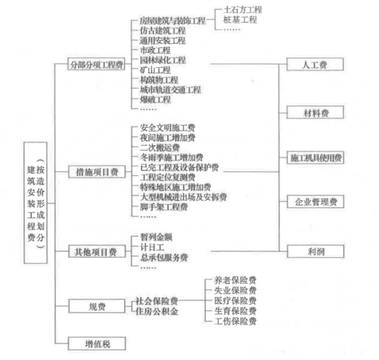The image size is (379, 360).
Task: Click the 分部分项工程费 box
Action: [97, 64]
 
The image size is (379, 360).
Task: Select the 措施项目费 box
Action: [97, 172]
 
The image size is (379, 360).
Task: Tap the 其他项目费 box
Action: [97, 251]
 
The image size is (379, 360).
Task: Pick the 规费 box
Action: [97, 307]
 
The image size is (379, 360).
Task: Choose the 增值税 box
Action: [97, 343]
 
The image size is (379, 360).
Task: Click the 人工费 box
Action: [315, 64]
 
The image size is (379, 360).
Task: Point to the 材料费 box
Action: [315, 112]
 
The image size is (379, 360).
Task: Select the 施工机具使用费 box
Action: [315, 158]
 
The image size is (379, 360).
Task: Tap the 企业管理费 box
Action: [315, 202]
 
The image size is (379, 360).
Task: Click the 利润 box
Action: [315, 251]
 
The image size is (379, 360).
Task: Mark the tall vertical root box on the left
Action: [35, 203]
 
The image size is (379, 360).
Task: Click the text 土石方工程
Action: [243, 10]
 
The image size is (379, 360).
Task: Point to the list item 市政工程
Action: [155, 50]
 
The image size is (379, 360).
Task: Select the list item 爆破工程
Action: [155, 100]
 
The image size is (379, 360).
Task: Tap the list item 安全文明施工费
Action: [167, 128]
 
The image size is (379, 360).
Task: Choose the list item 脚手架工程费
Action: [163, 206]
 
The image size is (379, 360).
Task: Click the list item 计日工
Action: [152, 247]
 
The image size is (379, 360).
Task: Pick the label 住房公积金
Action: [157, 311]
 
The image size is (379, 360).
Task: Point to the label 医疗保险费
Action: [235, 301]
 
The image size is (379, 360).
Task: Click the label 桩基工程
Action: [240, 20]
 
